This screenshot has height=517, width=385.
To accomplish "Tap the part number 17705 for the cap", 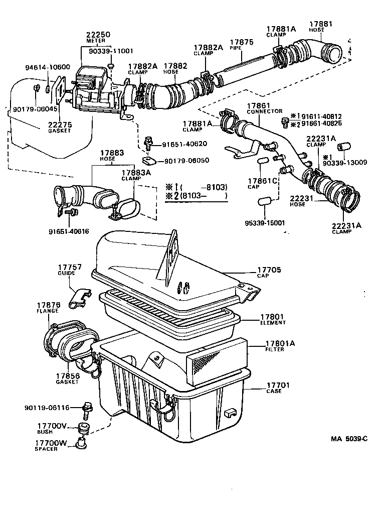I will (270, 270).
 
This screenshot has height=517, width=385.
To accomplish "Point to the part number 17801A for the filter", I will (280, 343).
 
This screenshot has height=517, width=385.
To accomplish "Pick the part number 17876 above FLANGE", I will (48, 305).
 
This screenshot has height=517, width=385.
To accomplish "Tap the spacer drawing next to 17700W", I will (80, 444).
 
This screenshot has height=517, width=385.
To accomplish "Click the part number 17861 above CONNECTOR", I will (258, 106).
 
